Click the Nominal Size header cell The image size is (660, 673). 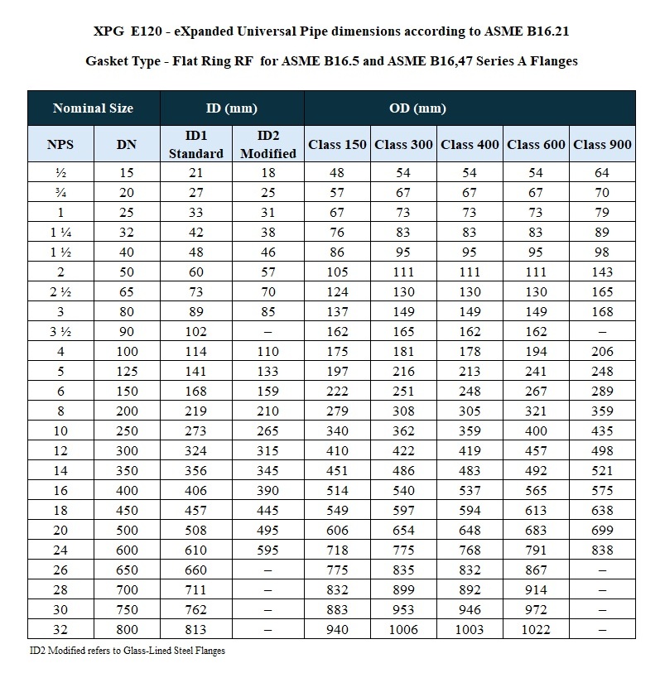[x=93, y=108]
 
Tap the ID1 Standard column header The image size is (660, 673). [x=195, y=144]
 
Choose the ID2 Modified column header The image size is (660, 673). [x=267, y=144]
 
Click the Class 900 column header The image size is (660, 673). [x=602, y=144]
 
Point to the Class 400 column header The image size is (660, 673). [x=470, y=144]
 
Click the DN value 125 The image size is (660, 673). [x=127, y=372]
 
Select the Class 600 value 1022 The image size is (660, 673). [x=536, y=630]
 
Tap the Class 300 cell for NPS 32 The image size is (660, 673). [x=403, y=630]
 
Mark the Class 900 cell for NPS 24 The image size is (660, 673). [x=602, y=550]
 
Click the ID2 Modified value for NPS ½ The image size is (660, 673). [x=267, y=173]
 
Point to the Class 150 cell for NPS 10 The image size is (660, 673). [x=337, y=431]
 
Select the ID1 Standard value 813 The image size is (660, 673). [x=195, y=630]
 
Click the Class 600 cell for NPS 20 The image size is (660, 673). [x=536, y=531]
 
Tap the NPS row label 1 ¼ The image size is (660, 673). [x=60, y=233]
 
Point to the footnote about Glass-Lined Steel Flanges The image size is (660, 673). [x=127, y=651]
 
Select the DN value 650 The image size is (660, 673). [x=127, y=570]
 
